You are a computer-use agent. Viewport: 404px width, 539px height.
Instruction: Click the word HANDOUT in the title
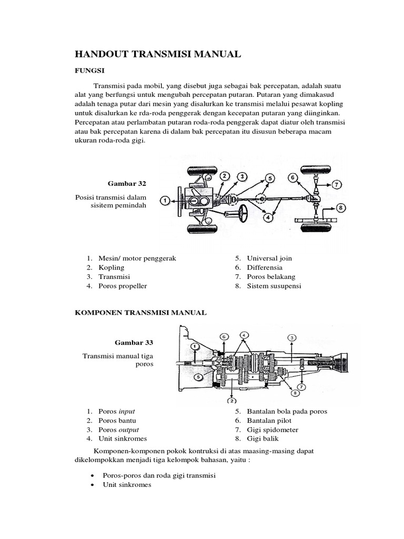[x=103, y=54]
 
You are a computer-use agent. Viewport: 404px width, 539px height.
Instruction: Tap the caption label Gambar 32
[x=127, y=183]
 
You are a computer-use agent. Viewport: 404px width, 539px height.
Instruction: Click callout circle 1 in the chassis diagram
[x=165, y=200]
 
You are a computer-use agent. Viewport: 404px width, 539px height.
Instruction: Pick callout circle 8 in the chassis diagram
[x=341, y=208]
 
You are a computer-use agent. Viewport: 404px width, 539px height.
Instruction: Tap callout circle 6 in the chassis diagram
[x=293, y=177]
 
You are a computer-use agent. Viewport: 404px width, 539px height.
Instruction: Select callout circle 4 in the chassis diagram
[x=268, y=216]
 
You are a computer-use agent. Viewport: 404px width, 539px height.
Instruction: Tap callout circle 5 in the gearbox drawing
[x=197, y=376]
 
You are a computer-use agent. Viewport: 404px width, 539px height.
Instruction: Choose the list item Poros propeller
[x=122, y=286]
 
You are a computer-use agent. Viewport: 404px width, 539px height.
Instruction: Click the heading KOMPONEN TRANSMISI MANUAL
[x=139, y=313]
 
